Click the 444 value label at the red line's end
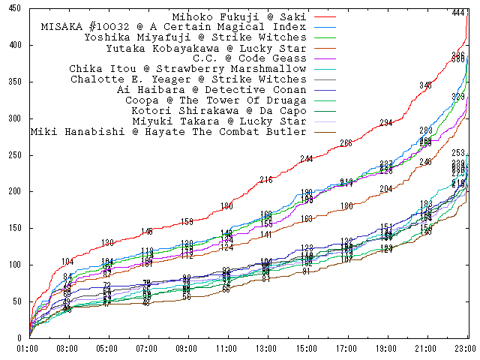tap(458, 13)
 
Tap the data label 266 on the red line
tap(346, 143)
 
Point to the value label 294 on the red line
tap(386, 122)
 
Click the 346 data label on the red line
tap(426, 85)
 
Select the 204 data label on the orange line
tap(385, 189)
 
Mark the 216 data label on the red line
tap(266, 179)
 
